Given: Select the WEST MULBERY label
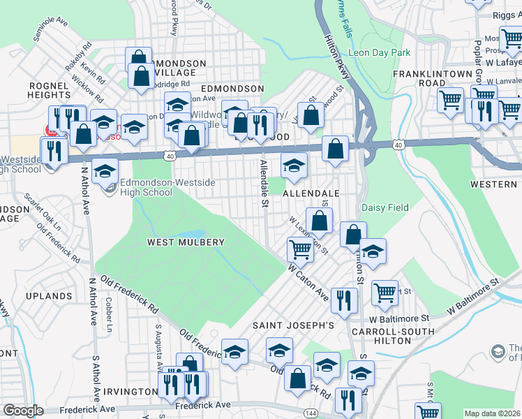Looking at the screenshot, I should click(x=186, y=242).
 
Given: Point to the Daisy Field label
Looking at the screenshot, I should click(x=385, y=207).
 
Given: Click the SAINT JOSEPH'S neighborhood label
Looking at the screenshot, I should click(x=294, y=325).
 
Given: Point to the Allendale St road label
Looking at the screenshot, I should click(x=264, y=184).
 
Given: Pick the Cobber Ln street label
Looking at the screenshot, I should click(x=108, y=314).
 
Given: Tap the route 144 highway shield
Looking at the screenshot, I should click(x=311, y=413).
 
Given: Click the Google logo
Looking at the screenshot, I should click(x=23, y=411).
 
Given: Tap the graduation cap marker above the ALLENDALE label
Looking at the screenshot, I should click(x=294, y=165).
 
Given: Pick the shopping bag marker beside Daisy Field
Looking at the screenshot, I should click(x=354, y=234).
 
